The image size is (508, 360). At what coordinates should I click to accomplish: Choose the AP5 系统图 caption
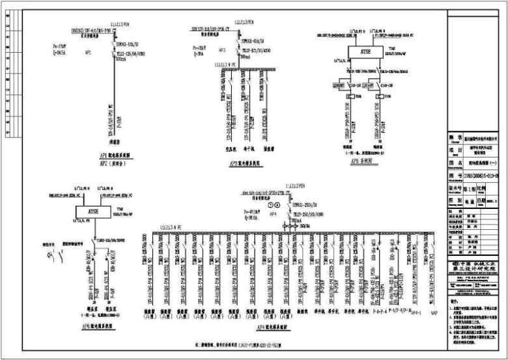click(357, 159)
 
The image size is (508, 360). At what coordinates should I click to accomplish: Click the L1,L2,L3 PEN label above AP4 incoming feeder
click(290, 185)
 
